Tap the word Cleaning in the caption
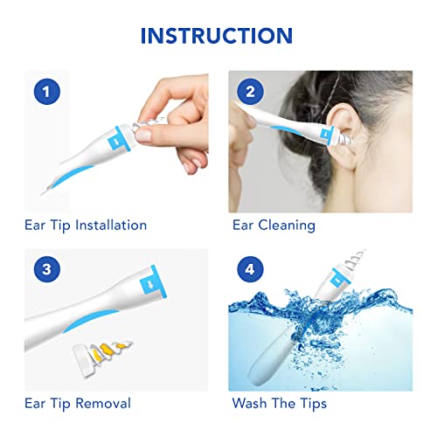click(287, 225)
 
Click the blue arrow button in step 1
click(115, 141)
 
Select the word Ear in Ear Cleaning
click(242, 225)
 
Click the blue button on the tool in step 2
click(323, 134)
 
